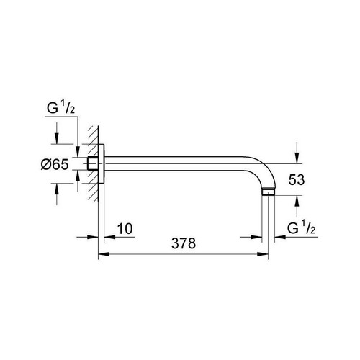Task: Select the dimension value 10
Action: click(125, 229)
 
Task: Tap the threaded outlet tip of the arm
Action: click(269, 193)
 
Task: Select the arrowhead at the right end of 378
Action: click(265, 254)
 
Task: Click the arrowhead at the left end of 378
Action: click(103, 254)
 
